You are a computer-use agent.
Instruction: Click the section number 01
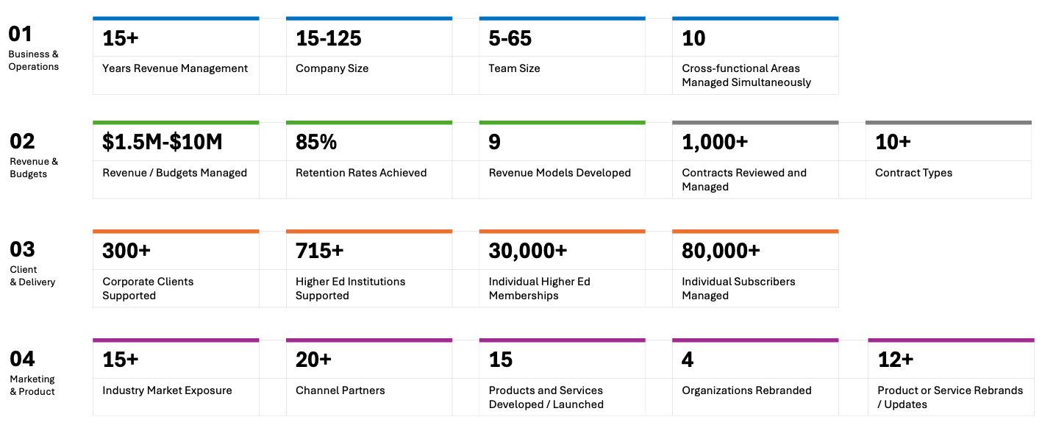[x=21, y=34]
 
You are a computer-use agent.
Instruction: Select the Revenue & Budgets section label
[x=34, y=168]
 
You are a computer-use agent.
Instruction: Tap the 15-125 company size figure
[x=329, y=38]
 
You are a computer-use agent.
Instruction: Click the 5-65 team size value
[x=510, y=38]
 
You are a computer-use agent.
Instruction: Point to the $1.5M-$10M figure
[x=163, y=142]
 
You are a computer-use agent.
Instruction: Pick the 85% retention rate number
[x=316, y=143]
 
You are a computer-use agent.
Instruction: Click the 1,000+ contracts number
[x=715, y=143]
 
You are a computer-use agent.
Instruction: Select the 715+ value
[x=320, y=251]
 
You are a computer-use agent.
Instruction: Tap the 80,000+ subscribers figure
[x=721, y=251]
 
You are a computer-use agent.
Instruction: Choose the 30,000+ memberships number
[x=528, y=251]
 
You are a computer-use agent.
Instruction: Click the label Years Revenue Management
[x=175, y=68]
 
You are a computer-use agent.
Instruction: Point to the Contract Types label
[x=913, y=173]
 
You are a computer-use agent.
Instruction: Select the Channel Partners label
[x=340, y=390]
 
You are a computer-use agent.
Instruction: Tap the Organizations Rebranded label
[x=746, y=390]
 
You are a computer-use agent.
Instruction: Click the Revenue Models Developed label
[x=560, y=173]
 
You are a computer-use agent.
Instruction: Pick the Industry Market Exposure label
[x=167, y=390]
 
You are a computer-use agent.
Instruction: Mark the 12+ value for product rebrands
[x=896, y=360]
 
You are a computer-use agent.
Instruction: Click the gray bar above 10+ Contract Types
[x=949, y=123]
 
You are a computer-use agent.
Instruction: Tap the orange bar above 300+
[x=176, y=231]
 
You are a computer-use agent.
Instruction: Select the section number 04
[x=22, y=359]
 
